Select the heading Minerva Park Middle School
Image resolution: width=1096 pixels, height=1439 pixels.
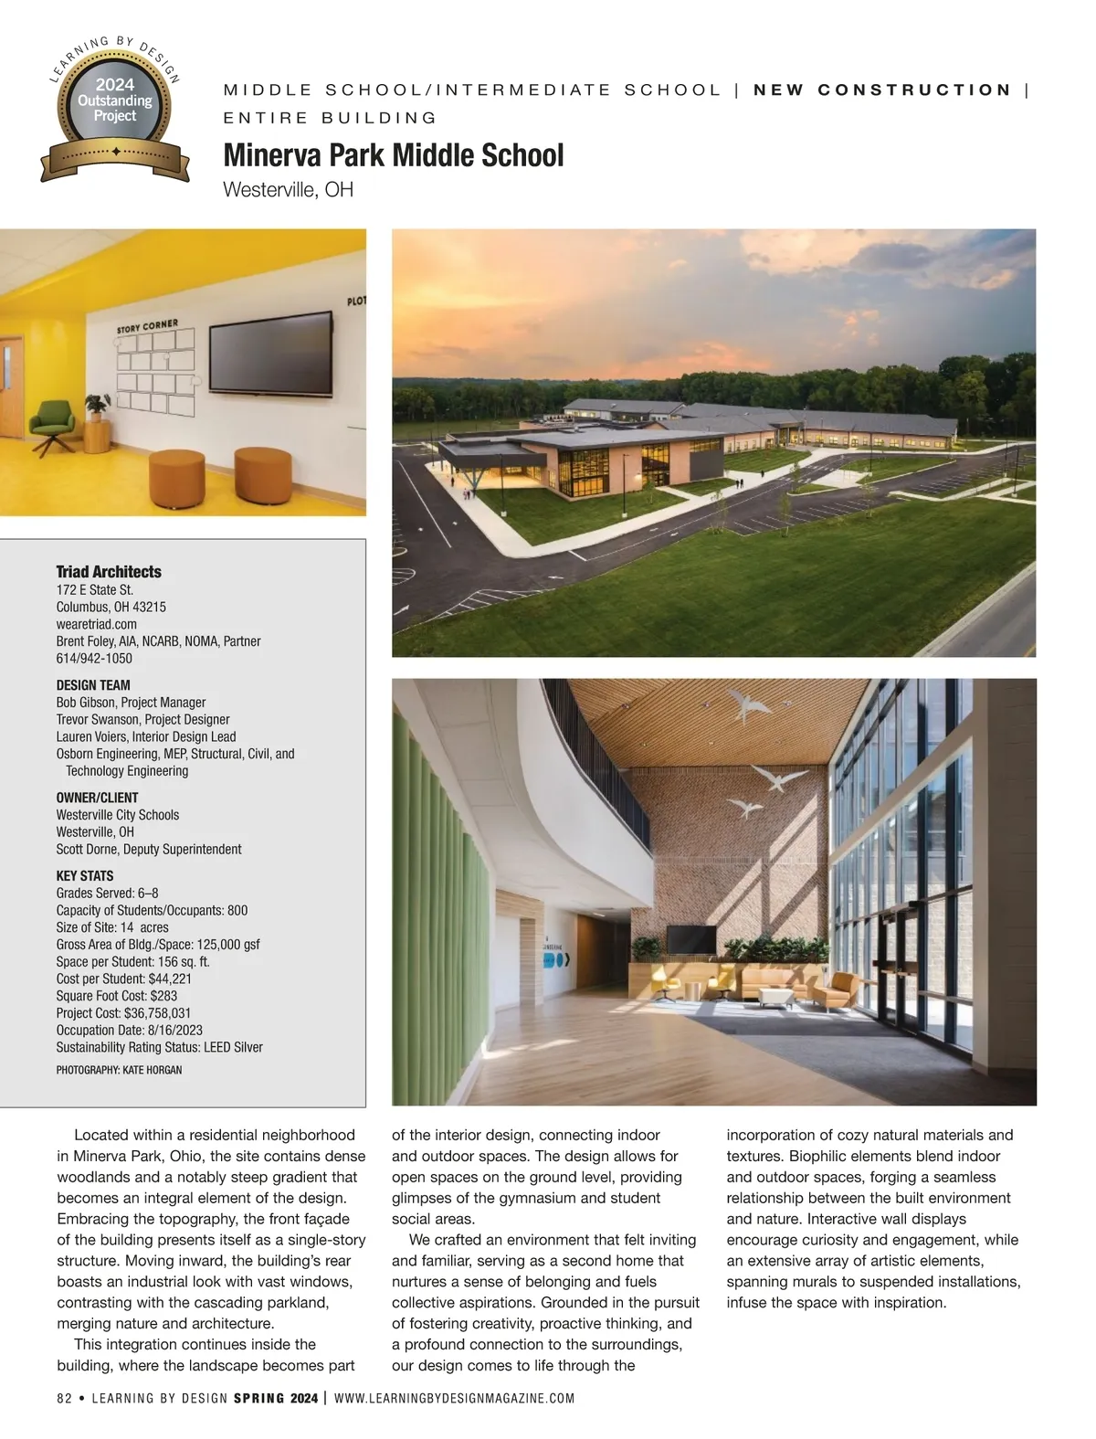[x=393, y=155]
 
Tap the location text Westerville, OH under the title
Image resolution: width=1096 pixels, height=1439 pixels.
[x=288, y=190]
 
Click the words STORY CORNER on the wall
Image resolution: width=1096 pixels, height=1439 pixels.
[x=147, y=326]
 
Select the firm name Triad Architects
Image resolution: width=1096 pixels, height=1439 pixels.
[x=109, y=572]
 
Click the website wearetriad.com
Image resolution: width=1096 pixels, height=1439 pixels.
[x=97, y=624]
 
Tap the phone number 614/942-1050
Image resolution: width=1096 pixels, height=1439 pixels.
[x=94, y=658]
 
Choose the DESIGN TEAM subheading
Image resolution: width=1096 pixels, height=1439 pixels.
[x=93, y=685]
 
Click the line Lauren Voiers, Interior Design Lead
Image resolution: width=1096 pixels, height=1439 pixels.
[x=146, y=736]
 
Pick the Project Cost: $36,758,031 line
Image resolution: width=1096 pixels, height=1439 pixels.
[x=123, y=1012]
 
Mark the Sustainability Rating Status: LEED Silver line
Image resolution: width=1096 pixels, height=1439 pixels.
[x=159, y=1047]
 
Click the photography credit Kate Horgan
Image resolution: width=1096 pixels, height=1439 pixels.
[x=119, y=1070]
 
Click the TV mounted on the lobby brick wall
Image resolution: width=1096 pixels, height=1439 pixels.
[x=690, y=938]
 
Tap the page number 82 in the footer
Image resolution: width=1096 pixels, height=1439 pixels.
[x=64, y=1399]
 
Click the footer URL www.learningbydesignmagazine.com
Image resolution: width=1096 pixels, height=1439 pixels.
[x=455, y=1399]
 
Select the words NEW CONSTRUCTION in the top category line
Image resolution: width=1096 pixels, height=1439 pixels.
[x=882, y=90]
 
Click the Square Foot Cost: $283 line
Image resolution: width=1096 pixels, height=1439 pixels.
[x=117, y=996]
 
